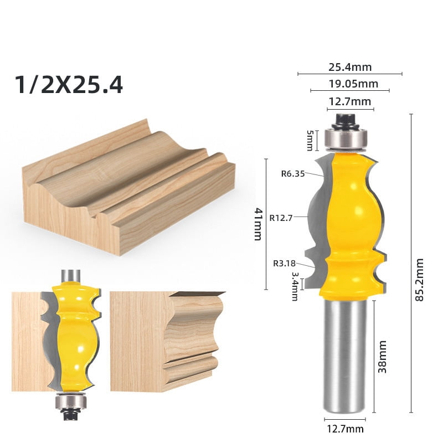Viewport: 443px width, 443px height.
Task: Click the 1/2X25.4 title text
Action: pyautogui.click(x=69, y=85)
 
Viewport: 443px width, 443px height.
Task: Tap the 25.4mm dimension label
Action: pyautogui.click(x=350, y=68)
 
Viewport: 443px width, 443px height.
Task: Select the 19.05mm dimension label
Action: pyautogui.click(x=350, y=84)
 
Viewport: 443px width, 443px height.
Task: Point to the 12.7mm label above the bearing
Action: pyautogui.click(x=350, y=101)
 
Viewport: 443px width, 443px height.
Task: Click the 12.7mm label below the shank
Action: pyautogui.click(x=346, y=429)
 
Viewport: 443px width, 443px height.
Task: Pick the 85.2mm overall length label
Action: pyautogui.click(x=419, y=280)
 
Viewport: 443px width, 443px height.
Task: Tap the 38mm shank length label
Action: pyautogui.click(x=382, y=357)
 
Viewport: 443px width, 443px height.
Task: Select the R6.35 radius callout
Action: pyautogui.click(x=293, y=173)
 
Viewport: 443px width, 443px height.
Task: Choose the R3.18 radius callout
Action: pyautogui.click(x=284, y=263)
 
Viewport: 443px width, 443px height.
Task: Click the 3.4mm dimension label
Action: pyautogui.click(x=295, y=285)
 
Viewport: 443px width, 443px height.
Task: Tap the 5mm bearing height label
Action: pyautogui.click(x=310, y=140)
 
